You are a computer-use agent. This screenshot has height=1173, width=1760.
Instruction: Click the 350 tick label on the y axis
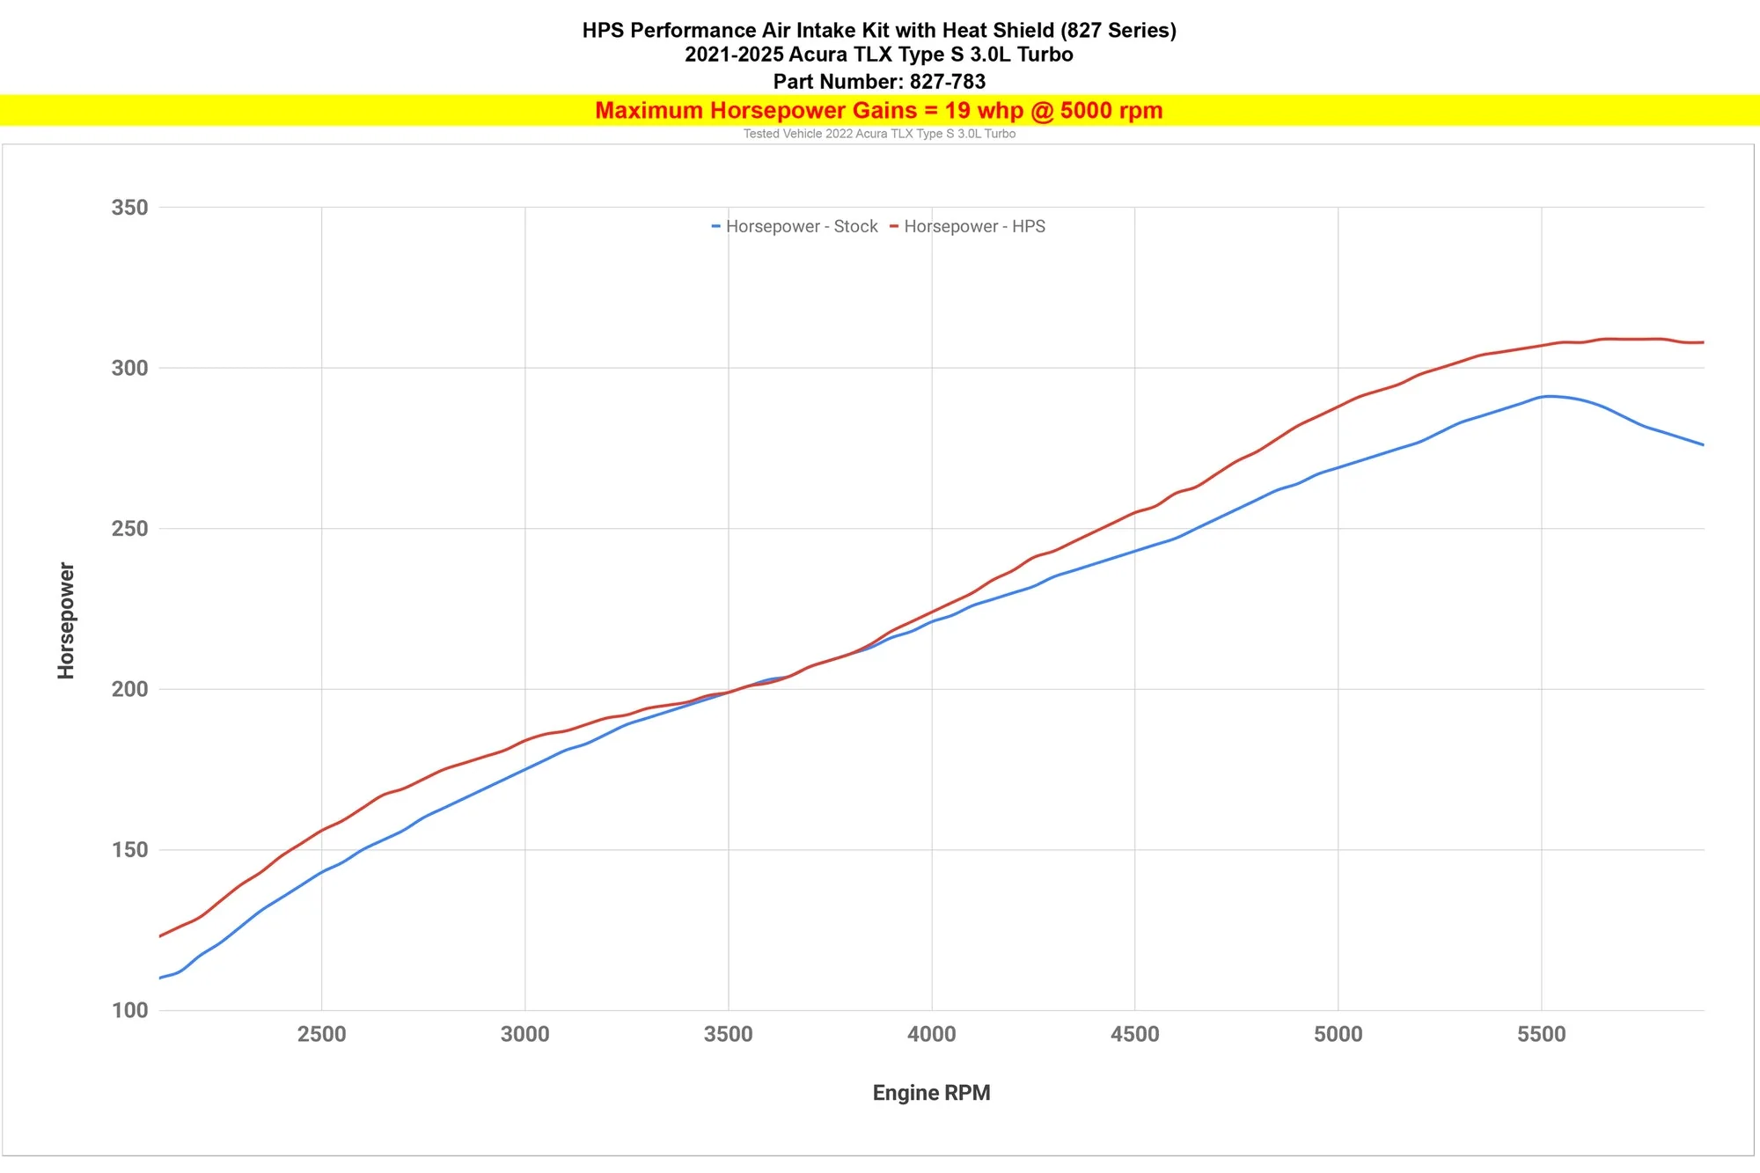(129, 208)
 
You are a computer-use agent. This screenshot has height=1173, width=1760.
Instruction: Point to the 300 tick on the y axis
(129, 368)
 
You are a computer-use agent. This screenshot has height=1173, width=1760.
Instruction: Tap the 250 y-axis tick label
(129, 529)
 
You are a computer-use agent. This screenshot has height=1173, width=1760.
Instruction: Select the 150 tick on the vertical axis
(129, 850)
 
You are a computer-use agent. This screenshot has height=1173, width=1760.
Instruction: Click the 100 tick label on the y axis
(129, 1010)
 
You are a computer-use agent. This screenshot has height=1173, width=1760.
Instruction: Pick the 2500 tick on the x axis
(321, 1034)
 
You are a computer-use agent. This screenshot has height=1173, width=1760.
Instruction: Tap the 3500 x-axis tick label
(728, 1034)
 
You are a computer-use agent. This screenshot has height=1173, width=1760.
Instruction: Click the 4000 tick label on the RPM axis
(931, 1034)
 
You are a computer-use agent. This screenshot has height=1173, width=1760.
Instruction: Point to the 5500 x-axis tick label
(1541, 1034)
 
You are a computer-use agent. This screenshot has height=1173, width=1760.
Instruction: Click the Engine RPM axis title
(931, 1093)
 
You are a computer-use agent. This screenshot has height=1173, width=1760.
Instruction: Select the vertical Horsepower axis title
(66, 620)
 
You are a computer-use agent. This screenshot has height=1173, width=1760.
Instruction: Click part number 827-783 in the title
(947, 82)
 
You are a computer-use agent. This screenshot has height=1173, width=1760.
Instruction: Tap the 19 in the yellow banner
(957, 111)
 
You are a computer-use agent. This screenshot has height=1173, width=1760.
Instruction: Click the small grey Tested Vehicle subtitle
(879, 134)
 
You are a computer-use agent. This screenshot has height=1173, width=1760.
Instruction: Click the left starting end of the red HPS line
(160, 935)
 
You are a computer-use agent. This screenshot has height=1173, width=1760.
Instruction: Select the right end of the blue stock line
(1703, 444)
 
